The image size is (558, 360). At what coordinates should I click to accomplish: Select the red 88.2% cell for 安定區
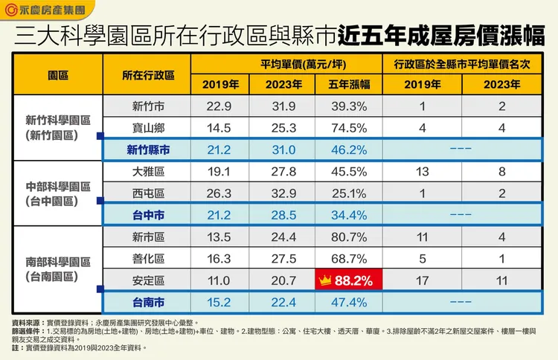click(347, 281)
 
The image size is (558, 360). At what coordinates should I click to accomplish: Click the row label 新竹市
click(147, 106)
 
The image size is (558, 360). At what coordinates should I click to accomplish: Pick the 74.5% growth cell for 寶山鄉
click(347, 128)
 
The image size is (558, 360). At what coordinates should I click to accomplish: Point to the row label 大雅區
click(147, 172)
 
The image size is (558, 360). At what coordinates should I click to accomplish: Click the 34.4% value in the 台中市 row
click(347, 215)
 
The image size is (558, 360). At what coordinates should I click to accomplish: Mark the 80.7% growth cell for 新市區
click(347, 237)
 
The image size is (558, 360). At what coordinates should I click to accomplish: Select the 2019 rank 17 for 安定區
click(422, 281)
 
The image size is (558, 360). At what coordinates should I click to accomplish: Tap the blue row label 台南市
click(147, 303)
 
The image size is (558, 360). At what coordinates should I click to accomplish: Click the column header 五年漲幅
click(347, 84)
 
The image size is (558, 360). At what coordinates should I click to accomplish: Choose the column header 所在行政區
click(147, 74)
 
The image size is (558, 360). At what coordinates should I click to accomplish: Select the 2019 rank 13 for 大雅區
click(422, 172)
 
